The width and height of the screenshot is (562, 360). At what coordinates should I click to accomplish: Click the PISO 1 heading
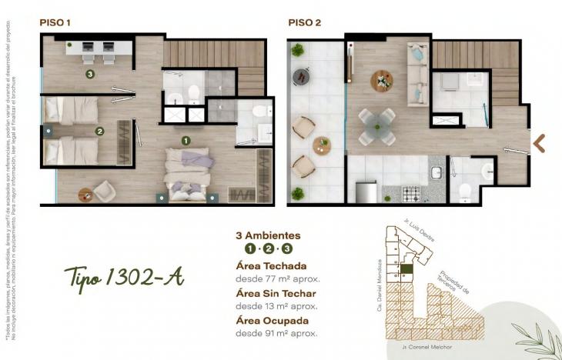[55, 23]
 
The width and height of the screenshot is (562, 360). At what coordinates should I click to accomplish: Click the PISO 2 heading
[304, 23]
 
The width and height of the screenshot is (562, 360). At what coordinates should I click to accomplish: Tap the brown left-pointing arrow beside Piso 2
[539, 142]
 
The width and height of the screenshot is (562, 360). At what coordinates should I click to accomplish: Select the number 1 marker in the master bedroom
[185, 141]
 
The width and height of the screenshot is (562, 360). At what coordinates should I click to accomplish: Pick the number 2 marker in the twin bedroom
[99, 132]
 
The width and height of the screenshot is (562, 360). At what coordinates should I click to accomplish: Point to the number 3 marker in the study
[91, 75]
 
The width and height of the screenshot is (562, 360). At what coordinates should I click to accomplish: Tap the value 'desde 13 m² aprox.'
[277, 306]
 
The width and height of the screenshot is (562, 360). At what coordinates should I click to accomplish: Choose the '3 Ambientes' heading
[267, 235]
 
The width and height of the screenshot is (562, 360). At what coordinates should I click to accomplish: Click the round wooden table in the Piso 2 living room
[382, 80]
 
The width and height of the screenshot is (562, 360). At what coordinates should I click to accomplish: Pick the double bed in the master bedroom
[188, 174]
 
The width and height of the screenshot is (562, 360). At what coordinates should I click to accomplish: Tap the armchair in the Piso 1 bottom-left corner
[104, 191]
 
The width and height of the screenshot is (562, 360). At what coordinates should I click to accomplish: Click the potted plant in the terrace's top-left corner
[297, 50]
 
